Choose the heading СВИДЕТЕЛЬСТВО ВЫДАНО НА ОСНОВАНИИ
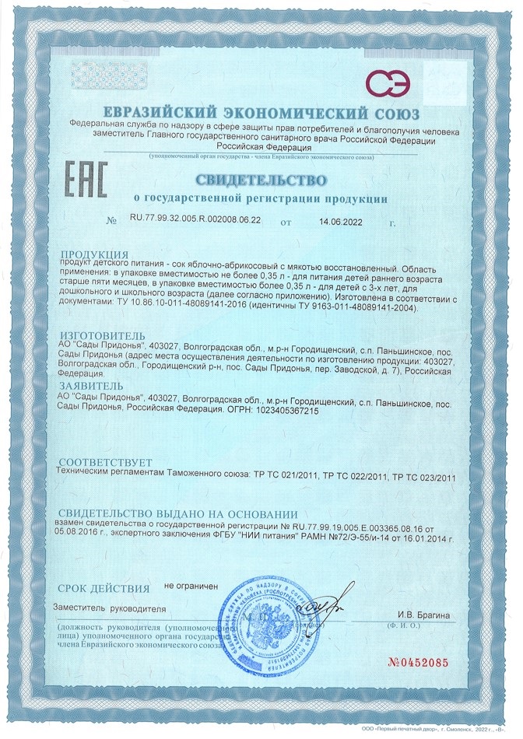[x=178, y=514]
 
